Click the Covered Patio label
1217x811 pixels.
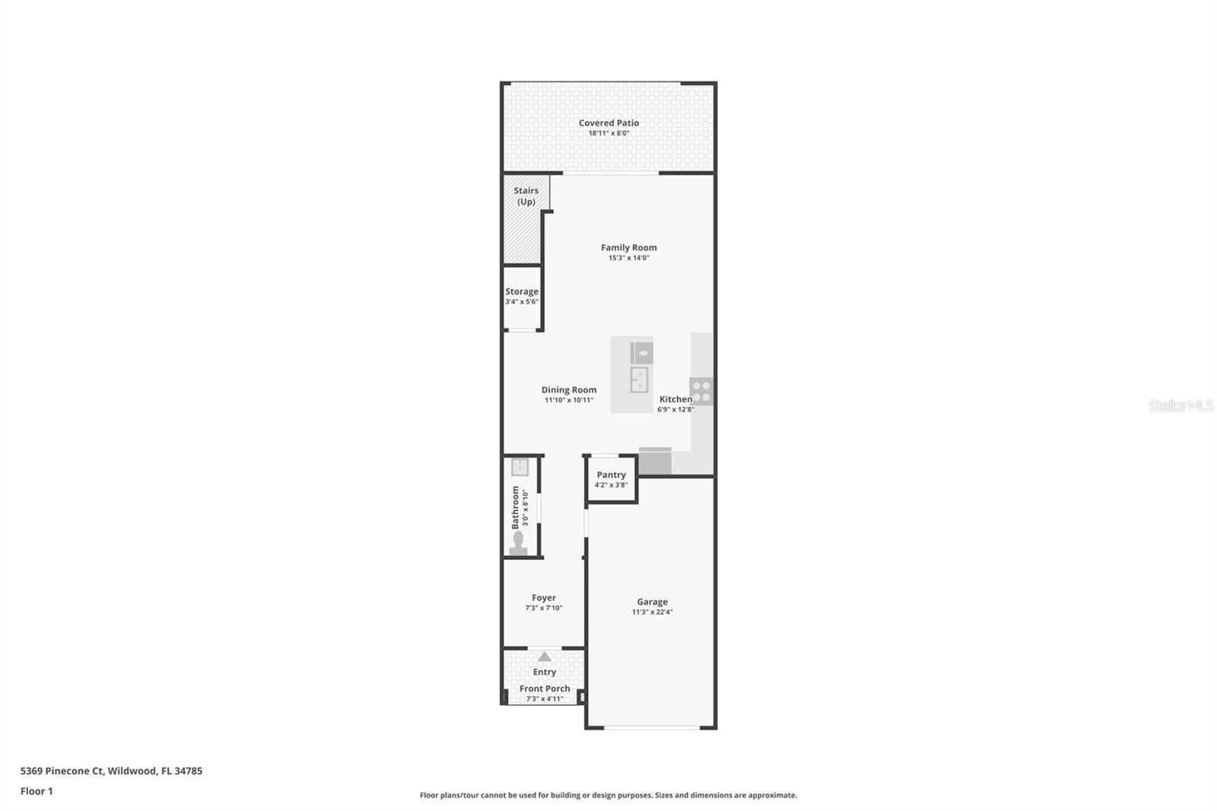point(608,122)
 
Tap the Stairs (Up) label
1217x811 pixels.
point(526,196)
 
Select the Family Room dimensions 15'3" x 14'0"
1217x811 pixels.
point(628,258)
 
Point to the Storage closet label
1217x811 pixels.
point(522,291)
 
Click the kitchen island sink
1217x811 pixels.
point(639,378)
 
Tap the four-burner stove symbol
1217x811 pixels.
point(701,392)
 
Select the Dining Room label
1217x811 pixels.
point(569,390)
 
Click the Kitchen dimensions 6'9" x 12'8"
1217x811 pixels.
point(675,409)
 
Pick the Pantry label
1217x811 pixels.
point(611,475)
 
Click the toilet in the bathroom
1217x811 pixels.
point(518,543)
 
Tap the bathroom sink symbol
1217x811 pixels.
point(520,466)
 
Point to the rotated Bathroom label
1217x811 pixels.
point(515,507)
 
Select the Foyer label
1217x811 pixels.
point(544,598)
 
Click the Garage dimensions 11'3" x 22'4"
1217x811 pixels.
point(652,612)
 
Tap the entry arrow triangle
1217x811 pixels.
point(545,657)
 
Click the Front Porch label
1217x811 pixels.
point(545,689)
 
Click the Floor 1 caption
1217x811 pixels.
point(37,791)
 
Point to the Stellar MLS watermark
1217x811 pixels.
point(1180,405)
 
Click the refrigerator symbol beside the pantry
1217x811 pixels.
point(655,461)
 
